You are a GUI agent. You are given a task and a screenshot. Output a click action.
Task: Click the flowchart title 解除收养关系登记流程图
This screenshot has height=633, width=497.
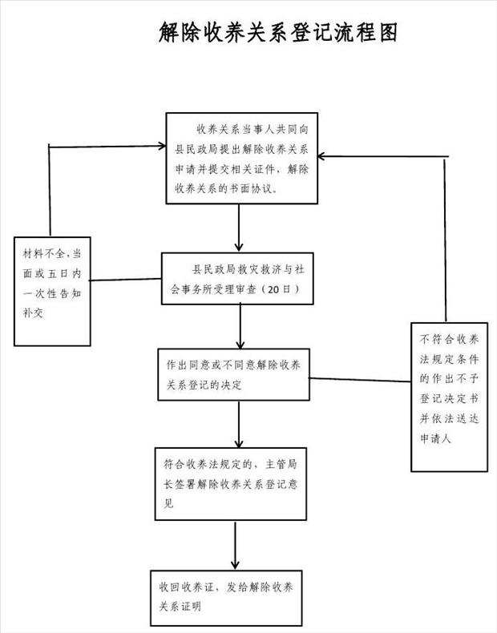[278, 32]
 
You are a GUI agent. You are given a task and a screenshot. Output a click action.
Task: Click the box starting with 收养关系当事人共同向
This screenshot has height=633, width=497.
[242, 159]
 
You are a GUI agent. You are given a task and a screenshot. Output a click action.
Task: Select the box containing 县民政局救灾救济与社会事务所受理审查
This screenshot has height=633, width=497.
[237, 279]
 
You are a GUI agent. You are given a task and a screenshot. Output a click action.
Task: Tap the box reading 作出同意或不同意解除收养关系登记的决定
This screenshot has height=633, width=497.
[234, 375]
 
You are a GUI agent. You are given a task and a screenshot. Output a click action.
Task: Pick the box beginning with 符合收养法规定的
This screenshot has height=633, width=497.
[231, 484]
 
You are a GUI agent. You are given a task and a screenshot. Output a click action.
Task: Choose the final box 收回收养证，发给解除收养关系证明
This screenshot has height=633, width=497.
[227, 598]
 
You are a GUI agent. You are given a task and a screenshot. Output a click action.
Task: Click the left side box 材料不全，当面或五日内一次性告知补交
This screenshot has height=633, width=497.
[52, 292]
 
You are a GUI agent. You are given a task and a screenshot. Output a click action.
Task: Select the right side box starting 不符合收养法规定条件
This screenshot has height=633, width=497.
[450, 397]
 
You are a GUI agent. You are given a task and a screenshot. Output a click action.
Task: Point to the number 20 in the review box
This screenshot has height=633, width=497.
[273, 289]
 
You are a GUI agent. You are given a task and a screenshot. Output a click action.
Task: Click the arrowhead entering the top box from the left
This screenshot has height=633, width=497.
[163, 146]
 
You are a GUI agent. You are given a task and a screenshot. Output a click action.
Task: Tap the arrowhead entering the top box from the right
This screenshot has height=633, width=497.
[321, 156]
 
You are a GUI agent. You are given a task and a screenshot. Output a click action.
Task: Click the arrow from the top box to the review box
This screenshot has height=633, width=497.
[239, 228]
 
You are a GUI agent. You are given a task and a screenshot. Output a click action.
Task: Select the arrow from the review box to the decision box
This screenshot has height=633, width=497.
[240, 326]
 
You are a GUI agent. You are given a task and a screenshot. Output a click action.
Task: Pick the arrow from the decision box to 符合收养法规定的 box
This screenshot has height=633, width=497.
[239, 425]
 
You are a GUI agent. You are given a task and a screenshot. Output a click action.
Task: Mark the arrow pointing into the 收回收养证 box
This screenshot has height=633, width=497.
[235, 546]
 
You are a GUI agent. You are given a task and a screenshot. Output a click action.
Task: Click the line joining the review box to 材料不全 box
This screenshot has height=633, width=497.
[126, 280]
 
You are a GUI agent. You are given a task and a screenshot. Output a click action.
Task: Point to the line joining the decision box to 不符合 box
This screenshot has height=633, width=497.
[360, 380]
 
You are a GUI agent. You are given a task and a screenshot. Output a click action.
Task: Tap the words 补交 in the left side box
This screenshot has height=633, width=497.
[33, 312]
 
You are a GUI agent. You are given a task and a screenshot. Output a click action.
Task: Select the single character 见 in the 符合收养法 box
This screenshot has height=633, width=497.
[169, 503]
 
